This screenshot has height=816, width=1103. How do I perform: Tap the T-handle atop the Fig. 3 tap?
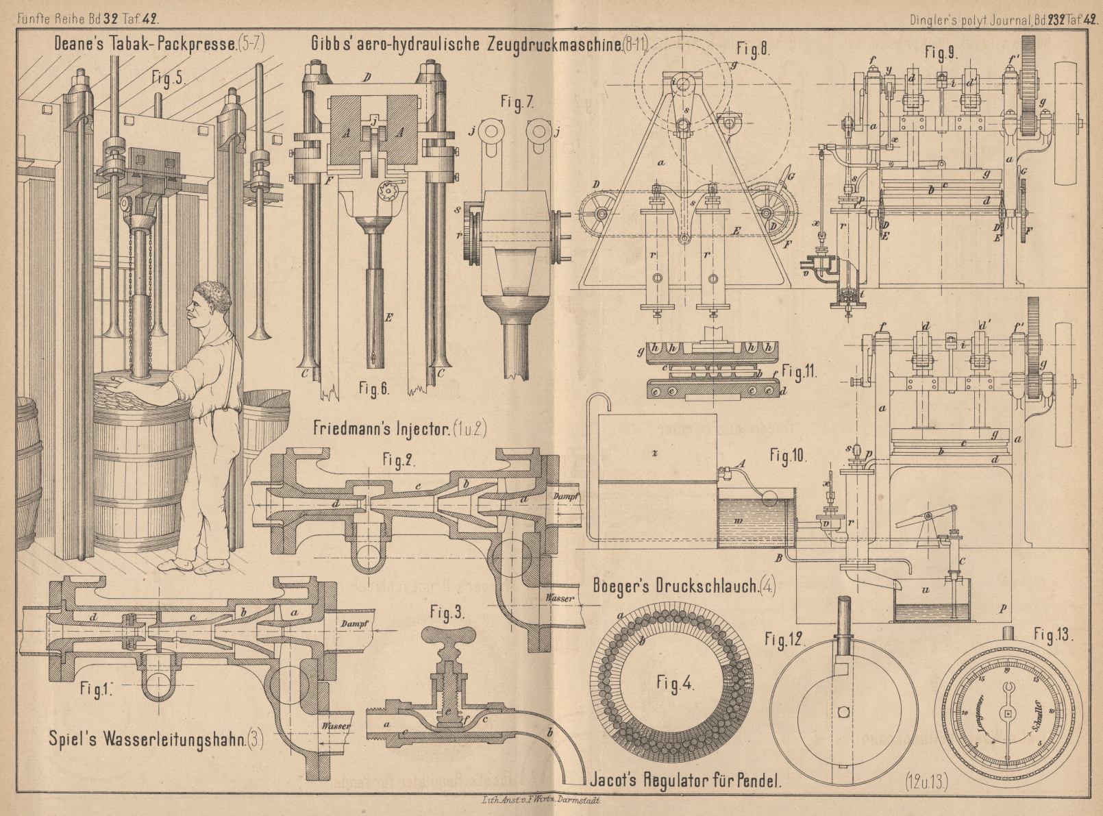click(447, 637)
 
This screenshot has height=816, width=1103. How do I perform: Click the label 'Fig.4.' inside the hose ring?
click(675, 684)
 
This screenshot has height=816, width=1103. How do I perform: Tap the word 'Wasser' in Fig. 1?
click(336, 726)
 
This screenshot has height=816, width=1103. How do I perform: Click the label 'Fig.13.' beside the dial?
click(1054, 635)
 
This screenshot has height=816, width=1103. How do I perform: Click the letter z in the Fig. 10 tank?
click(656, 453)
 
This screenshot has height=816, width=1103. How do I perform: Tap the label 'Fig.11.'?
click(800, 372)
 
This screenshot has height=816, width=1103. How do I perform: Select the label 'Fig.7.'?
click(517, 103)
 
